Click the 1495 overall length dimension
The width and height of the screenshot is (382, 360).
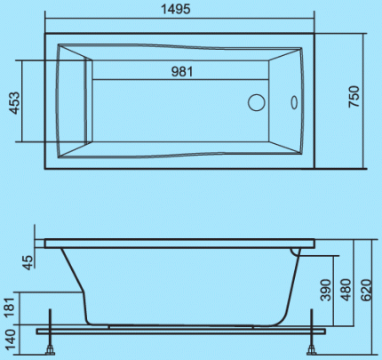click(175, 9)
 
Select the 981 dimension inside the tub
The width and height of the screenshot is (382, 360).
click(182, 71)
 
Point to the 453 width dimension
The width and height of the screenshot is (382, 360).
click(15, 103)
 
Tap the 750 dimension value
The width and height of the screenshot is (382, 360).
click(354, 96)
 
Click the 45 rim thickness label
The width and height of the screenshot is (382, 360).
click(28, 262)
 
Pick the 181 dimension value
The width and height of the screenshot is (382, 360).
click(11, 308)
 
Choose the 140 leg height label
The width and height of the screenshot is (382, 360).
click(11, 340)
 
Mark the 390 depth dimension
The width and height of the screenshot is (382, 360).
click(326, 290)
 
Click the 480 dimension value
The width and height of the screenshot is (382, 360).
click(346, 290)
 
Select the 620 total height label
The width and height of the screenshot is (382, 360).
click(367, 290)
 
